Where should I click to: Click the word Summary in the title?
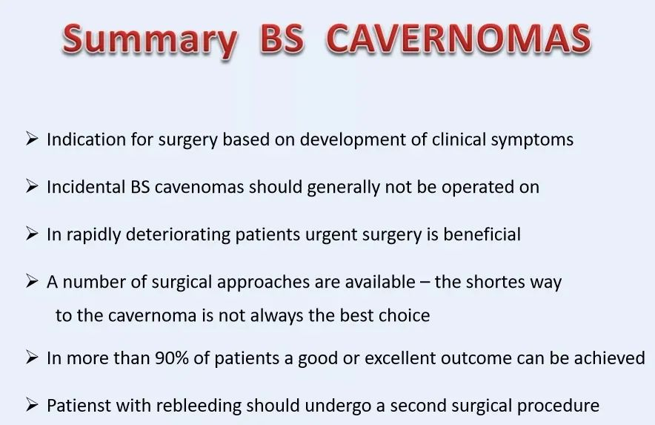tap(150, 41)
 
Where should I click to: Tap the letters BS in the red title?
tap(282, 39)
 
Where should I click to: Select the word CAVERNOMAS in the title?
tap(458, 39)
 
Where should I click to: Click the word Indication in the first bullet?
tap(86, 139)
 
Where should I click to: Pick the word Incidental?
tap(86, 187)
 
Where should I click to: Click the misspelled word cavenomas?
tap(199, 188)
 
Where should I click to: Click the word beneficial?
tap(482, 234)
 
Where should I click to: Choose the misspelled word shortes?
tap(496, 282)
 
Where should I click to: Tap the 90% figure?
tap(171, 358)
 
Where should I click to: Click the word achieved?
tap(610, 358)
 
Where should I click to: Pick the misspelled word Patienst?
tap(78, 405)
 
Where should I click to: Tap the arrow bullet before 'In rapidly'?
tap(32, 234)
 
